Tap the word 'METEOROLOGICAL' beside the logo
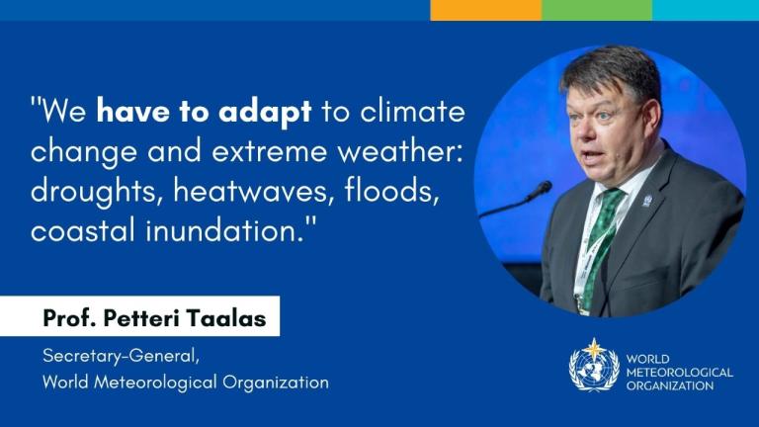tap(679, 373)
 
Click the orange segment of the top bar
tap(485, 10)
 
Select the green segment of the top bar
tap(596, 10)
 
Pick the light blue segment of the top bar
tap(705, 10)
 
